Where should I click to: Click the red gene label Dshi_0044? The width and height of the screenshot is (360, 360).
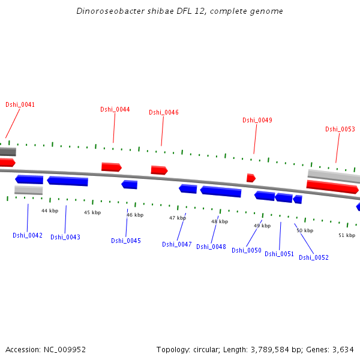115,109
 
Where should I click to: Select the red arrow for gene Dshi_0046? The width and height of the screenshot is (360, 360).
159,170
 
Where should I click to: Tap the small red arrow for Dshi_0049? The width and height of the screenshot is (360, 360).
251,178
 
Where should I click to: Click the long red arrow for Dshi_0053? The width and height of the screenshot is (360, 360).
332,186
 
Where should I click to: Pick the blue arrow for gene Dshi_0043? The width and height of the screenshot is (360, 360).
68,181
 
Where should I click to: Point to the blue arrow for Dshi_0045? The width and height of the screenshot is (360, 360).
130,184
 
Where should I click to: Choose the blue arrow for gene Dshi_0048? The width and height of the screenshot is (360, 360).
221,191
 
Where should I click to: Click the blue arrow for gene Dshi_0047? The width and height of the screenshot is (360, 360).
188,189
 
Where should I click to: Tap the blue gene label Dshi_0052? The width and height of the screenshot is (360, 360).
313,257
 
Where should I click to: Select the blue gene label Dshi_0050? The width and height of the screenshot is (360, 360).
246,250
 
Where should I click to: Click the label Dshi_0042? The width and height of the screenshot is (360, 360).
28,235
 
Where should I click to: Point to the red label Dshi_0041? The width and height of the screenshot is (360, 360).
20,104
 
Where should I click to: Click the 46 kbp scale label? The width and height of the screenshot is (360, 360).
135,215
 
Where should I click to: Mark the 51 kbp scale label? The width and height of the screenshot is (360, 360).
347,235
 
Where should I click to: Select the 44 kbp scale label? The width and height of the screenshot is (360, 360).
50,211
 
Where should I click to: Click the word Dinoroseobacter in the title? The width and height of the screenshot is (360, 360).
106,11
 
